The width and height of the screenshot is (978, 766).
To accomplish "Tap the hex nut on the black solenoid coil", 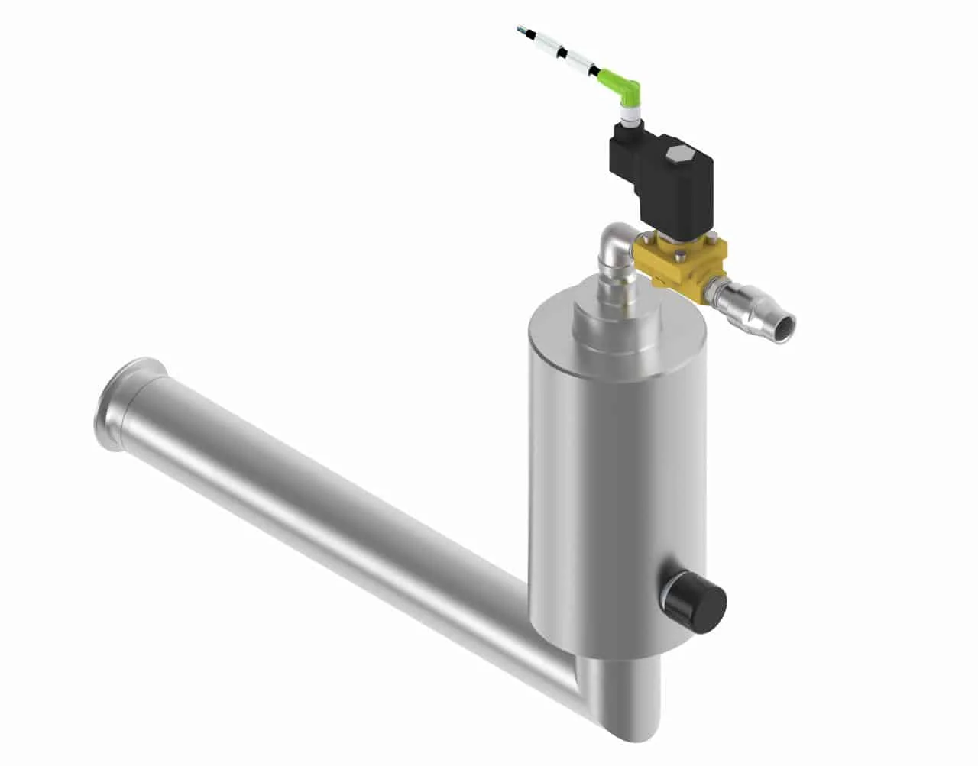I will point(674,154).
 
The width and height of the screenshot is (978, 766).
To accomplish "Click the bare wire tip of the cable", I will point(520,30).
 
